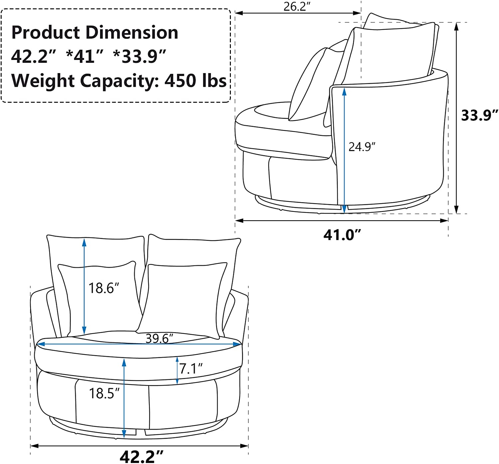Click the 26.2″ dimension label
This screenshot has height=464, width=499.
(x=295, y=7)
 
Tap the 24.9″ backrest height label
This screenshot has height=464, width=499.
(x=362, y=147)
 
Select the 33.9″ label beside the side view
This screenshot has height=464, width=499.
(x=479, y=115)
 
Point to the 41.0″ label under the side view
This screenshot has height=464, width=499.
(x=342, y=235)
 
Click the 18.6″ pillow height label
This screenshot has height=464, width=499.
(x=103, y=288)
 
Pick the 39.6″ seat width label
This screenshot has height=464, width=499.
(x=159, y=338)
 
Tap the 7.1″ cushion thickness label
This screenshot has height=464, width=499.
(x=191, y=369)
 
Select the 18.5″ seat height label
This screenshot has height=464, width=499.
(x=104, y=393)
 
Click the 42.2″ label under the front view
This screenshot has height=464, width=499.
(x=141, y=456)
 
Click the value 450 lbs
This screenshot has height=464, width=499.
(x=196, y=80)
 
